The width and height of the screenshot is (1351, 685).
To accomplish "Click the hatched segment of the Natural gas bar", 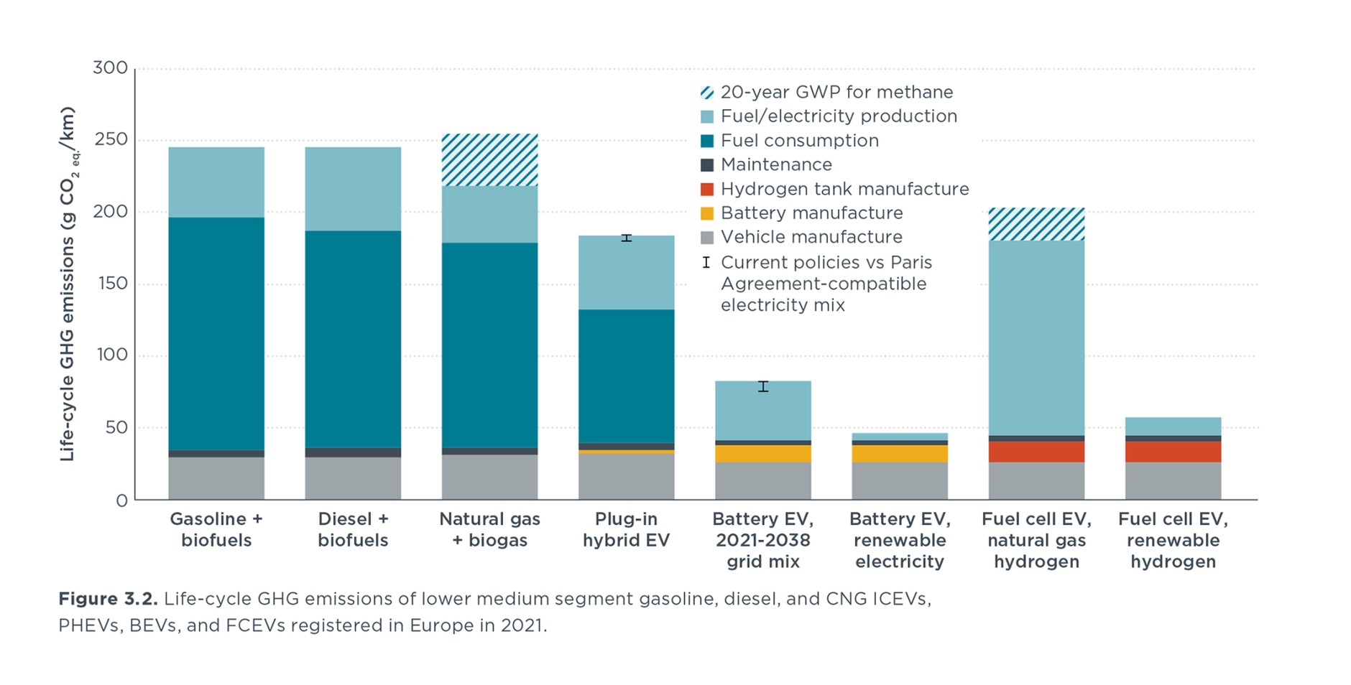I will pos(489,160).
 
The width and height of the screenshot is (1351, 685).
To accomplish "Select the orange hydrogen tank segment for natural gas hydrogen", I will pos(1036,452).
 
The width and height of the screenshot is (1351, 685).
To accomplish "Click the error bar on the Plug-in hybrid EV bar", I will pos(626,238).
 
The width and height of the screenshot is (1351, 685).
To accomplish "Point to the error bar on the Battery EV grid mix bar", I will pos(763,386).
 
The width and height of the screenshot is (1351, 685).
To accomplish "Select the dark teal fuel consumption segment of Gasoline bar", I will pos(216,333).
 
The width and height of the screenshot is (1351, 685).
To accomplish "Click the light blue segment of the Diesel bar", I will pos(353,189).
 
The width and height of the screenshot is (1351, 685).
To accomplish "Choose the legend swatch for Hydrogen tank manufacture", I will pos(707,189).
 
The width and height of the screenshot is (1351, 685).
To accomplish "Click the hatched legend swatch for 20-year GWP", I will pos(707,93).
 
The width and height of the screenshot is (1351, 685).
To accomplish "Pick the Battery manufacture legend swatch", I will pos(707,213).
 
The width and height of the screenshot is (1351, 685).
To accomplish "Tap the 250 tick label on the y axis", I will pos(110,139).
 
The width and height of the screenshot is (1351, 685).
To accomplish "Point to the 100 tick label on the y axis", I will pos(110,355).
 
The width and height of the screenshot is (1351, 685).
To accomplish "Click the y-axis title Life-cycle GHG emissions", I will pos(68,284).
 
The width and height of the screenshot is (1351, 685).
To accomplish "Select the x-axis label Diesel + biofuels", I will pos(353,529).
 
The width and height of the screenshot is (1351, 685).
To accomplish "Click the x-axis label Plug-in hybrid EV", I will pos(626,529).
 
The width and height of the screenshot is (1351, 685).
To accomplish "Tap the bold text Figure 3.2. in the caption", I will pos(108,599).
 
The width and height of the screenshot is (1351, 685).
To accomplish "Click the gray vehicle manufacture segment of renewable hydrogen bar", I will pos(1173,480).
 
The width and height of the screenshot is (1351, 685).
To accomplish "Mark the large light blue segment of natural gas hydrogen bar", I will pos(1036,337).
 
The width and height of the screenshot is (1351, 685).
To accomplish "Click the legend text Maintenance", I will pos(776,164).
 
